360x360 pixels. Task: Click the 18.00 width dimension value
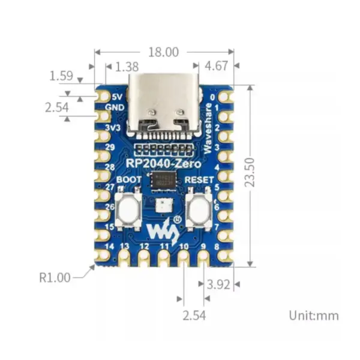pyautogui.click(x=163, y=52)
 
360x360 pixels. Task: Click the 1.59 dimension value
pyautogui.click(x=61, y=77)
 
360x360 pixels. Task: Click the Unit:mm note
pyautogui.click(x=313, y=315)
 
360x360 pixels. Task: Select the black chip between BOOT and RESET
pyautogui.click(x=163, y=179)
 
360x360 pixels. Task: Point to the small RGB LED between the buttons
pyautogui.click(x=163, y=207)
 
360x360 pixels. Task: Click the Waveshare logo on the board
pyautogui.click(x=163, y=229)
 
